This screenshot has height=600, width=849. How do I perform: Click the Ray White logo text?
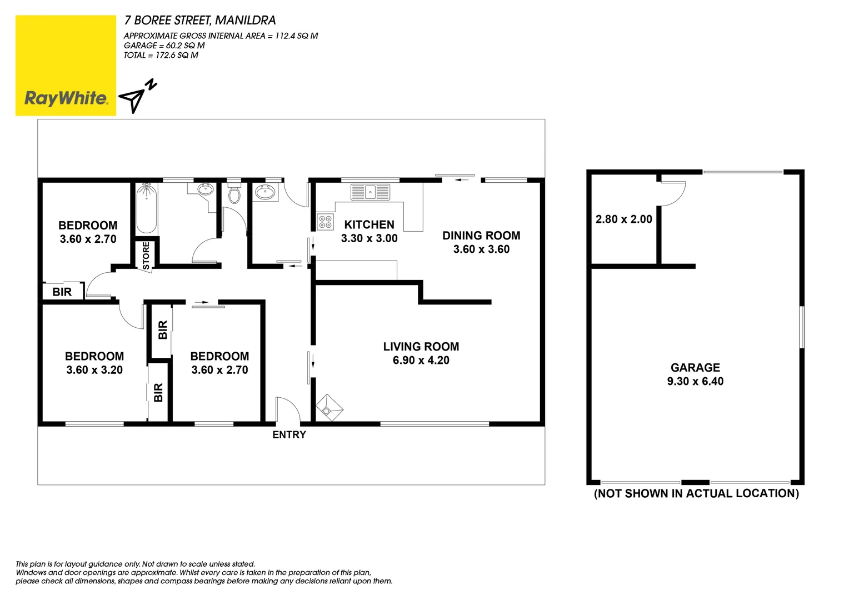click(x=66, y=98)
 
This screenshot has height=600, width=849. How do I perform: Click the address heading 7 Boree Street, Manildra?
click(x=200, y=21)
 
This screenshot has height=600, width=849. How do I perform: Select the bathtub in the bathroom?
click(x=147, y=208)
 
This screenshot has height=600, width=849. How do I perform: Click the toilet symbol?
click(x=234, y=194)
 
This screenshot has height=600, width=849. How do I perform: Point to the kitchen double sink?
click(x=370, y=192)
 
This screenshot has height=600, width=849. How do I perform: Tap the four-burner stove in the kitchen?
click(x=325, y=222)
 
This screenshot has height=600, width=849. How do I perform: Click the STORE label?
click(x=146, y=255)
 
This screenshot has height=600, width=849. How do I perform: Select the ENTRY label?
click(x=289, y=435)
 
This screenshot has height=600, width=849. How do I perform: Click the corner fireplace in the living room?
click(x=328, y=409)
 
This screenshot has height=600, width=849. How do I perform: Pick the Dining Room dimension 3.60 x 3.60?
click(x=481, y=249)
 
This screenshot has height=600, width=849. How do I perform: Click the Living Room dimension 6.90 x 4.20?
click(x=421, y=361)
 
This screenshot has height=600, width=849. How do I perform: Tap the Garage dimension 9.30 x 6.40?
click(x=695, y=382)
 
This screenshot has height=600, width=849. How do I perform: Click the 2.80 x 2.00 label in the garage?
click(x=623, y=219)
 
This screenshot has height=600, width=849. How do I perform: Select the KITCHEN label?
click(x=369, y=225)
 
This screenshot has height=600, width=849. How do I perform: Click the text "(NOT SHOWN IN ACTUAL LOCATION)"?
click(x=696, y=493)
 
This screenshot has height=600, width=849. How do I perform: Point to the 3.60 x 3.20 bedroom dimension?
click(x=94, y=370)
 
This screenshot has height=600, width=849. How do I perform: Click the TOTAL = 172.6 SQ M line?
click(x=161, y=56)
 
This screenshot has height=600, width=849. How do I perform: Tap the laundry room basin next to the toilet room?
click(x=265, y=193)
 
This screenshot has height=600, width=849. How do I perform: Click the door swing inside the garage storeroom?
click(x=673, y=193)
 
